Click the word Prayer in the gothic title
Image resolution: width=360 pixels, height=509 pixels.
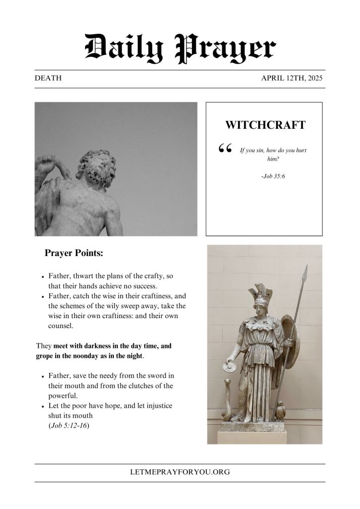[223, 49]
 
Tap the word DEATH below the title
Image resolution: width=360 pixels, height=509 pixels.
[48, 79]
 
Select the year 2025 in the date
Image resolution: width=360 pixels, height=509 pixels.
[315, 79]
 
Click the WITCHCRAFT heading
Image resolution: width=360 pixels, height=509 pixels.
[265, 125]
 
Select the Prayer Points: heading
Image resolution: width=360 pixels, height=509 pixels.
[74, 253]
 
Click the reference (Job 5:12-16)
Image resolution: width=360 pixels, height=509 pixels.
[69, 425]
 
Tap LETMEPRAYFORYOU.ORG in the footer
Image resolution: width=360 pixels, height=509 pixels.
[180, 472]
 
